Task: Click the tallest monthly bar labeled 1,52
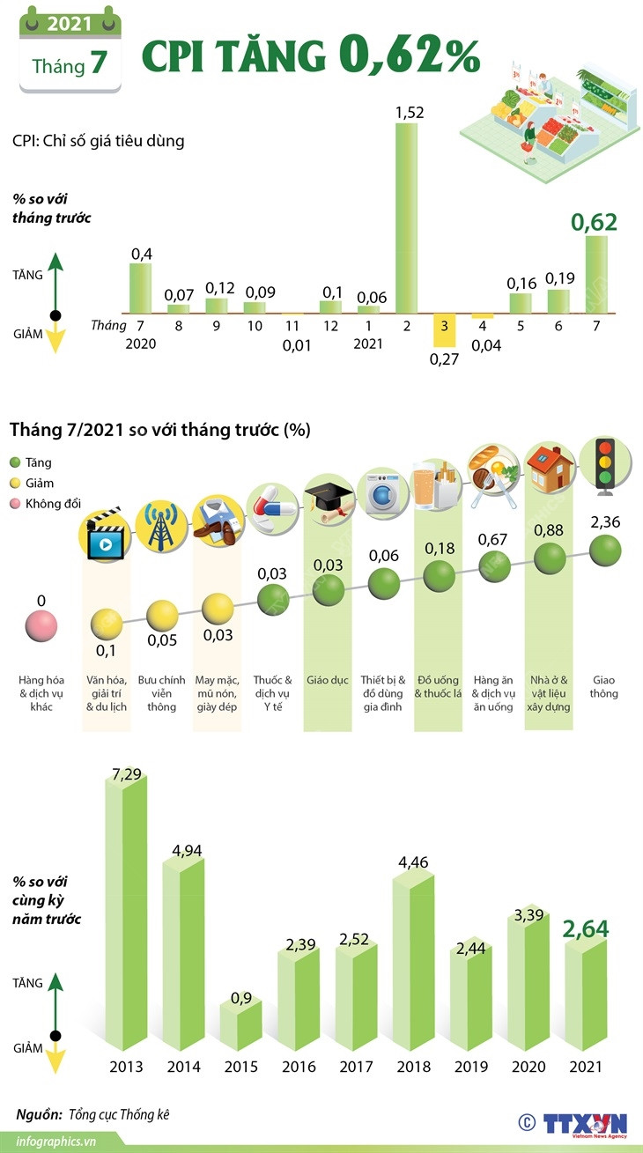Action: click(x=406, y=217)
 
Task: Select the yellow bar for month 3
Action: click(x=444, y=329)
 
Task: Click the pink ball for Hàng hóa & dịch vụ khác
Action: click(x=41, y=627)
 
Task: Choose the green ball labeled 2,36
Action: click(x=604, y=551)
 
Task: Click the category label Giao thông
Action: click(x=604, y=687)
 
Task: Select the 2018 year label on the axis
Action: click(x=413, y=1067)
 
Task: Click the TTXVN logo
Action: click(x=582, y=1123)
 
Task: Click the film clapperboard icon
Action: click(x=106, y=534)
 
